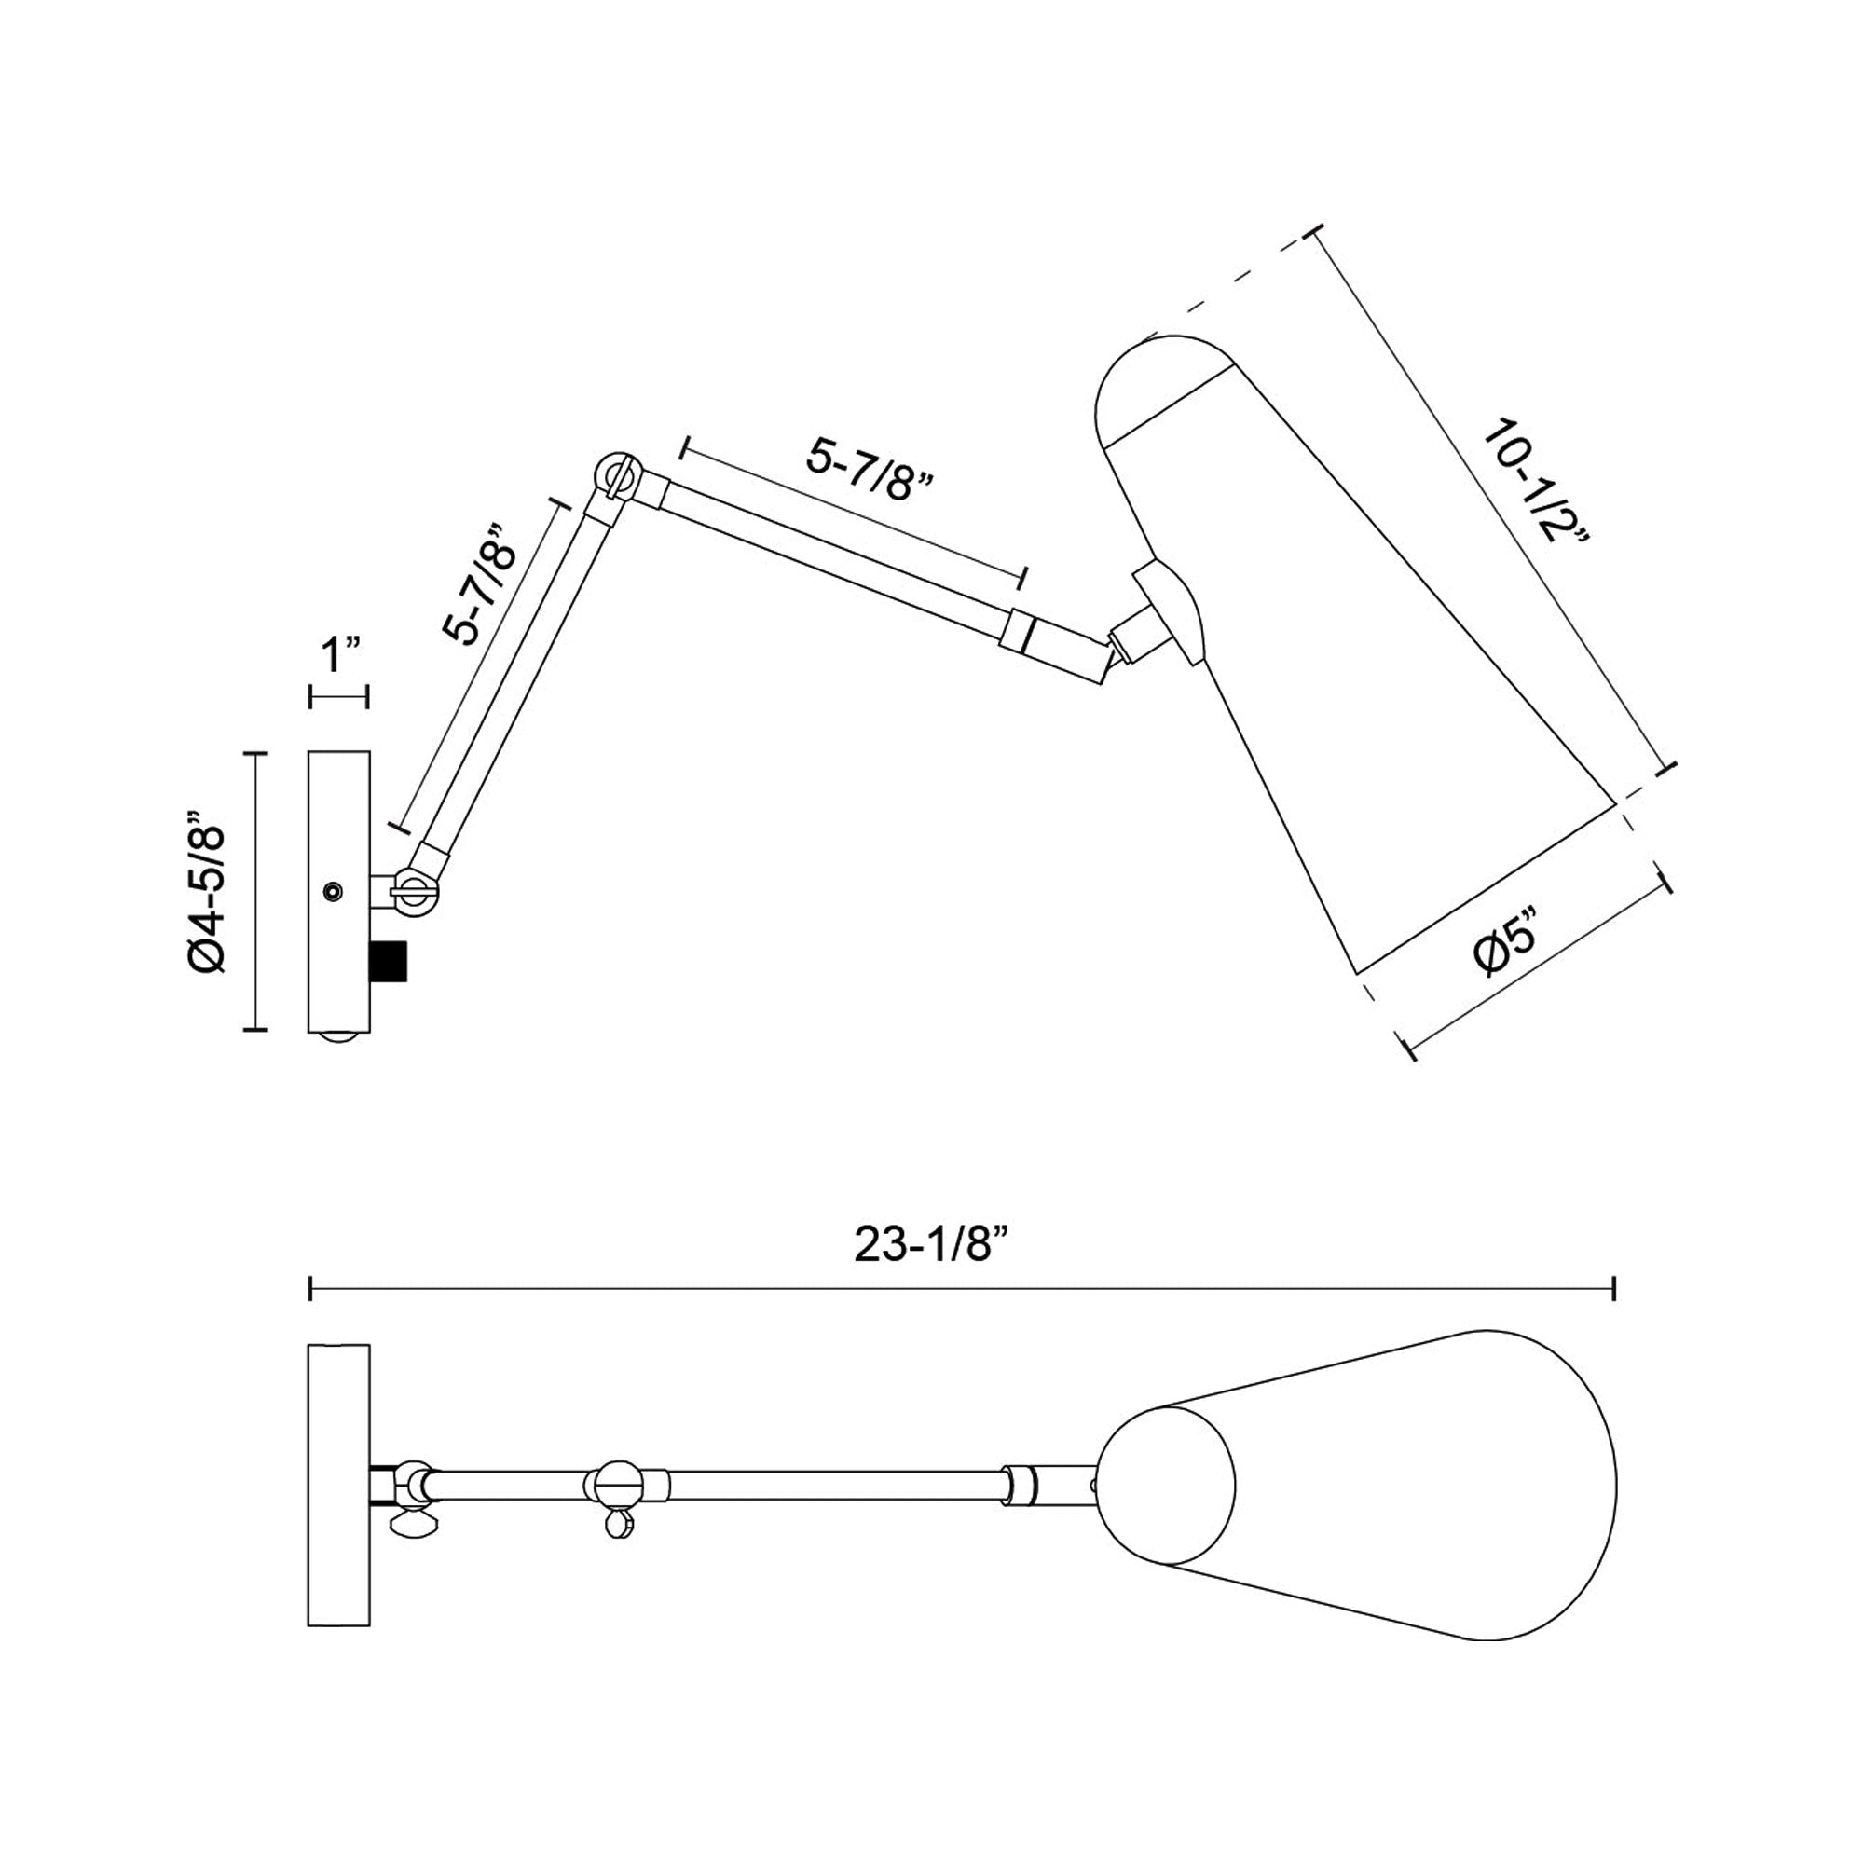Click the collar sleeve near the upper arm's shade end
[1017, 632]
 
